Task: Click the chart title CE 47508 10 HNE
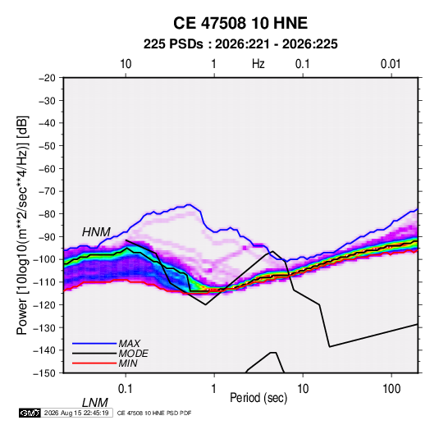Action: coord(240,23)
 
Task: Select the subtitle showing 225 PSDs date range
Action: coord(240,44)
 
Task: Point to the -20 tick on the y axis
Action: coord(47,78)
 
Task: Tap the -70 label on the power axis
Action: coord(47,191)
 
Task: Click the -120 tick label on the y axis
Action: coord(45,304)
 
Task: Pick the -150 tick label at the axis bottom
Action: coord(45,373)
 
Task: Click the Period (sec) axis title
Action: coord(258,398)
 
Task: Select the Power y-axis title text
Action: coord(22,225)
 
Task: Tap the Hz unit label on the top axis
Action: coord(258,64)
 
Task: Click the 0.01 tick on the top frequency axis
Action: coord(391,64)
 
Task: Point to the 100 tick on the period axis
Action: coord(391,389)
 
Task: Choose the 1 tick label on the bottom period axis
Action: coord(214,389)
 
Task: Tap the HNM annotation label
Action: coord(96,232)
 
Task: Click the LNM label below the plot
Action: coord(95,403)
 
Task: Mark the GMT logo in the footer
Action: coord(30,413)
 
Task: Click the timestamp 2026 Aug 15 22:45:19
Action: coord(76,413)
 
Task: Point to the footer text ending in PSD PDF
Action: coord(154,413)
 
